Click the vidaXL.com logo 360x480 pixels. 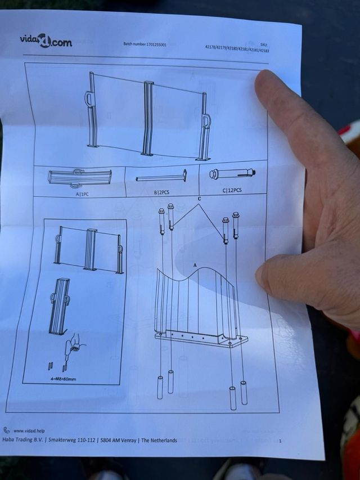point(46,41)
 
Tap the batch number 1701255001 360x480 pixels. point(155,44)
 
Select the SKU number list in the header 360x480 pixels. point(237,48)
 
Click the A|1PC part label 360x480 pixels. point(82,194)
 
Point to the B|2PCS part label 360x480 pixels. point(161,192)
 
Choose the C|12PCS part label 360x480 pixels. point(232,190)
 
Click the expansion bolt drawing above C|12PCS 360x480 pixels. point(232,174)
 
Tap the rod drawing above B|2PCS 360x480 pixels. point(161,177)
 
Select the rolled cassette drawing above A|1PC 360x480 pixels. point(79,178)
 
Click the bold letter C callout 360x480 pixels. point(199,199)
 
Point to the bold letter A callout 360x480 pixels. point(195,266)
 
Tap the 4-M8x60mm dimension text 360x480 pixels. point(63,379)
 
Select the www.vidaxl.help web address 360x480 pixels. point(29,430)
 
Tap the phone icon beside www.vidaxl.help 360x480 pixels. point(6,430)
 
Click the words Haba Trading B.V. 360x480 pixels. point(23,439)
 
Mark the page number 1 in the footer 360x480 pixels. point(280,441)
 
